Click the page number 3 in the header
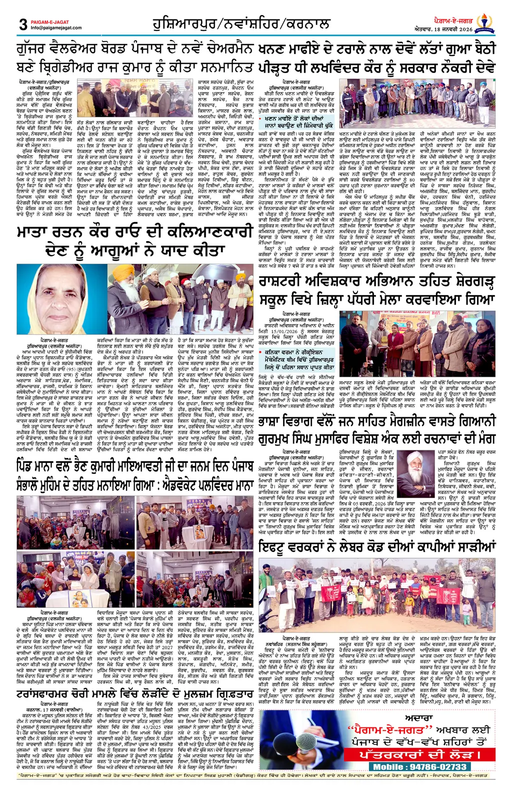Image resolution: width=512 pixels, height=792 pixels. pyautogui.click(x=23, y=24)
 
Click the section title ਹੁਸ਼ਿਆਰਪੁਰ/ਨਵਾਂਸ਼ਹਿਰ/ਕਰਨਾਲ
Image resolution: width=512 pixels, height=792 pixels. pyautogui.click(x=241, y=23)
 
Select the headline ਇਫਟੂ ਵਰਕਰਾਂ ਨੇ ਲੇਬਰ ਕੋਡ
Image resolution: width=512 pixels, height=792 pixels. pyautogui.click(x=376, y=547)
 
